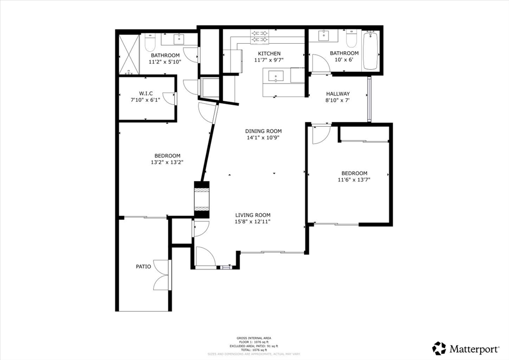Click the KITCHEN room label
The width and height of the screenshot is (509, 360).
269,54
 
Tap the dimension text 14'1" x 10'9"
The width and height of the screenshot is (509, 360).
262,138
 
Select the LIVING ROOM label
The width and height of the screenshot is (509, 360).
253,215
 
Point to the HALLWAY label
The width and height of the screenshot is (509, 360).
338,93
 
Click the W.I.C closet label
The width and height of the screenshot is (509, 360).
146,93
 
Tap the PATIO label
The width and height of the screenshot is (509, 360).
143,267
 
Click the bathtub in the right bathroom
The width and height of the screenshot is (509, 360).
370,51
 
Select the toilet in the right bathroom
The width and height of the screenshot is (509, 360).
351,38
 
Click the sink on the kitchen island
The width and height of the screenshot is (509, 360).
275,76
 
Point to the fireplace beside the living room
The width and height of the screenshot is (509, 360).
201,199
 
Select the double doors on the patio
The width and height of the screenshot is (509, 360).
163,275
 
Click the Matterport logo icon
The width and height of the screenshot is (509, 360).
439,348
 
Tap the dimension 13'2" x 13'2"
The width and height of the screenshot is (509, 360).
167,162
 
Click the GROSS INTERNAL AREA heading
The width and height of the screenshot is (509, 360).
254,337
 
